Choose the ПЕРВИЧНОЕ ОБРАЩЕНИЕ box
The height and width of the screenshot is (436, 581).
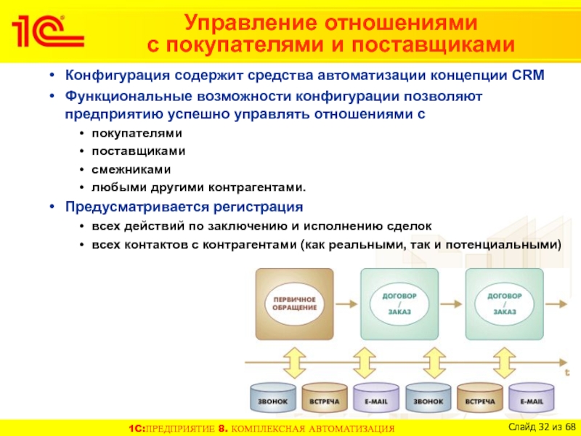[293, 303]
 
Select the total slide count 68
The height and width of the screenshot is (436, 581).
[569, 425]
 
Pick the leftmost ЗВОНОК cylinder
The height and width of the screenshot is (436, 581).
[273, 401]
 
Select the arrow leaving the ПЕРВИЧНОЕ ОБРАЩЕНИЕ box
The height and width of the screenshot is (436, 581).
[347, 303]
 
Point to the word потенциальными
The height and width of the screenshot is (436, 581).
[513, 245]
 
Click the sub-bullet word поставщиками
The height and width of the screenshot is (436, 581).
[137, 151]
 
